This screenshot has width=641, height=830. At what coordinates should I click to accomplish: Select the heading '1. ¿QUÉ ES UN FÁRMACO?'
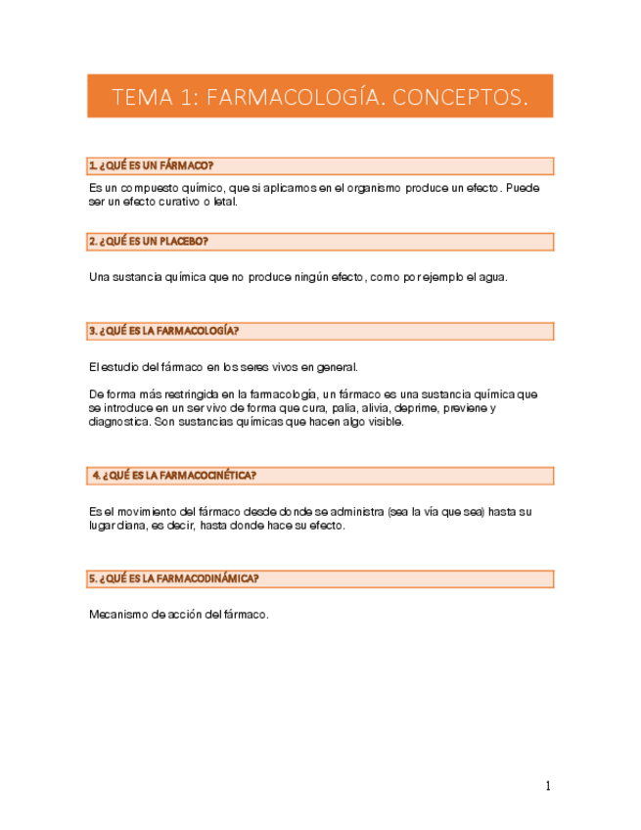[151, 165]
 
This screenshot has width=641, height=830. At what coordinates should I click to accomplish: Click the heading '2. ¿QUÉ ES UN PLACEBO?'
[148, 241]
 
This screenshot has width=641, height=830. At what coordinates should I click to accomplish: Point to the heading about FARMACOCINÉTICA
[174, 476]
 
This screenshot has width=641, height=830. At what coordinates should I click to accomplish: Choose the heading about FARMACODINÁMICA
[173, 579]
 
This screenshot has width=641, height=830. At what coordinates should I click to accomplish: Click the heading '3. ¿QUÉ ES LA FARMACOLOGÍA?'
[163, 331]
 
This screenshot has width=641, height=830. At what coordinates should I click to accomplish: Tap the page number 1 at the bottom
[548, 786]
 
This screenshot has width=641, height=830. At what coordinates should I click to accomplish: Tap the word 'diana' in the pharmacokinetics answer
[134, 525]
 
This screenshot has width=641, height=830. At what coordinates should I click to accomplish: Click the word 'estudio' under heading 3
[119, 367]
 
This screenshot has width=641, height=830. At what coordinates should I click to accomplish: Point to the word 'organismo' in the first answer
[373, 188]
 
